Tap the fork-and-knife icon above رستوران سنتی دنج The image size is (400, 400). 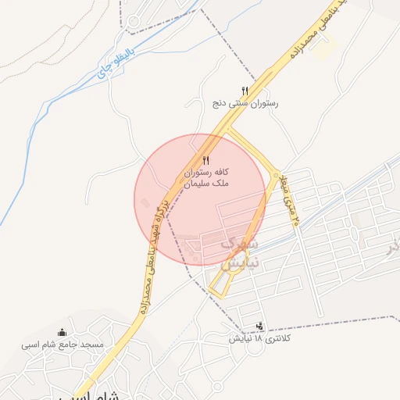pos(245,91)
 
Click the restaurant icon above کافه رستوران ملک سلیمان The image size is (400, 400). pos(206,159)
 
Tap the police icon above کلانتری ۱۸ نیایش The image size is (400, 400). pos(259,327)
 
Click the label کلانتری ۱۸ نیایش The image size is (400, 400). pos(259,339)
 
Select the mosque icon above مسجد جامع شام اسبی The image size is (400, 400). pos(62,332)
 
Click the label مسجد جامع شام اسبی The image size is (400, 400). pos(62,344)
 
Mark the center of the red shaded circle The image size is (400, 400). pos(201,199)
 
